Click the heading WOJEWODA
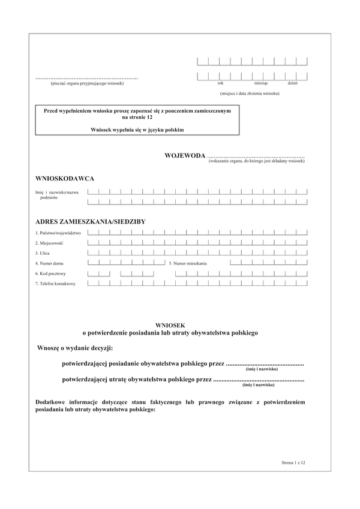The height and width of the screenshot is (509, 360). tap(185, 156)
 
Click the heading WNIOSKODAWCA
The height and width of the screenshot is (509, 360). tap(65, 179)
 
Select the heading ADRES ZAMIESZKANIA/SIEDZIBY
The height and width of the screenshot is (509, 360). tap(91, 222)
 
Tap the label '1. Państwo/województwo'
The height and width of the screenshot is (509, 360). tap(58, 233)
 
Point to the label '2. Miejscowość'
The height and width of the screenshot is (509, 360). tap(49, 243)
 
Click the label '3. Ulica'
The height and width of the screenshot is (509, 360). tap(43, 253)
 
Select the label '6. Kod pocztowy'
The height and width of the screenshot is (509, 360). tap(50, 273)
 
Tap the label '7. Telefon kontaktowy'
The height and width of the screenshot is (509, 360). tap(55, 284)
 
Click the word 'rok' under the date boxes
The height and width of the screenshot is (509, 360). tap(221, 83)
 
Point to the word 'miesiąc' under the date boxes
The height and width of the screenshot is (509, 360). tap(261, 83)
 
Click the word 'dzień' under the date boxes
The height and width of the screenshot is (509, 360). tap(293, 83)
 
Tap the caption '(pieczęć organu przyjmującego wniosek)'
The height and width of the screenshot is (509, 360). tap(87, 83)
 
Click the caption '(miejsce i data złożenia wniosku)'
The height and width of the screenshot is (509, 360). tap(250, 94)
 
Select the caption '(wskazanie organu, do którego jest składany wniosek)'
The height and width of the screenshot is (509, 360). tap(257, 162)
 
